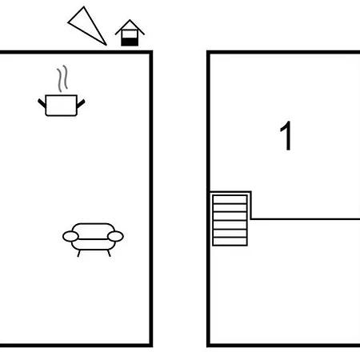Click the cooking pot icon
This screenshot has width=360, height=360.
point(62,105)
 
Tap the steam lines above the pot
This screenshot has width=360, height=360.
point(62,78)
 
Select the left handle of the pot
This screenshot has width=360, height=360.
point(42,103)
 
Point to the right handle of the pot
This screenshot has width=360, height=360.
point(81,103)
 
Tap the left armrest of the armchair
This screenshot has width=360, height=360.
point(70,237)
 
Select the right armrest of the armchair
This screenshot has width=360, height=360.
point(115,237)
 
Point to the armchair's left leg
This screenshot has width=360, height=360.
point(78,254)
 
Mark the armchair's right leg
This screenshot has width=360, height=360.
point(109,254)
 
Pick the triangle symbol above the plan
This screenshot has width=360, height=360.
point(87,26)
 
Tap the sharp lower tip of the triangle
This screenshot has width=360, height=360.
point(106,45)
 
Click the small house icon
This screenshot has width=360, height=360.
point(130,33)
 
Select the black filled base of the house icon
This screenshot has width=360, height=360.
point(130,42)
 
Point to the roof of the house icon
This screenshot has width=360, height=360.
point(130,27)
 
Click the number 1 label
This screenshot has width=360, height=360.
point(286,136)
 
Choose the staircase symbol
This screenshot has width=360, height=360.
point(230,220)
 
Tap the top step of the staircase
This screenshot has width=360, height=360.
point(230,200)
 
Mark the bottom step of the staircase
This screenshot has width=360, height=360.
point(230,241)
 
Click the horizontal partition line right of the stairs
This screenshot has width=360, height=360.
point(306,219)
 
